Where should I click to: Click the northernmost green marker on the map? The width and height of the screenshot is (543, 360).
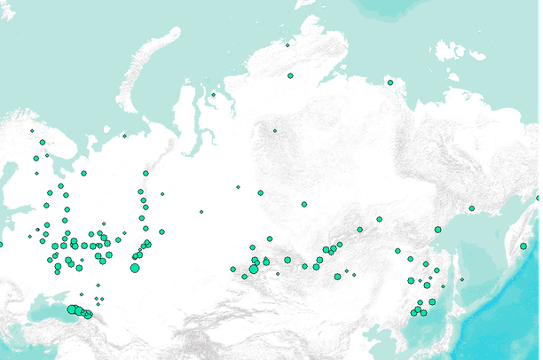pos(287,44)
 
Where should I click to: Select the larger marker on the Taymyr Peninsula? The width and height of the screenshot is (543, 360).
pos(290,75)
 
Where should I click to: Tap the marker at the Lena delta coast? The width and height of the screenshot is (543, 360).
pos(390,82)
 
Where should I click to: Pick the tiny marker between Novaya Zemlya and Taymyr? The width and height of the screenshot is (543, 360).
pos(213,94)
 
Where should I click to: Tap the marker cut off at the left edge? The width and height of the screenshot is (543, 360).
pos(1,244)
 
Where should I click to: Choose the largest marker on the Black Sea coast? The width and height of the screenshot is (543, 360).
pos(72,309)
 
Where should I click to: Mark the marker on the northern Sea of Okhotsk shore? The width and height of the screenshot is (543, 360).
pos(471,208)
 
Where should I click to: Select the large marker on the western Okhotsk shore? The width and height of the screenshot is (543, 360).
pos(437,229)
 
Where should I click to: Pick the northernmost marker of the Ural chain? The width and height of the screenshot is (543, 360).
pos(146,174)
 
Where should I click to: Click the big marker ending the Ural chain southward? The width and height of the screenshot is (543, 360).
pos(135,267)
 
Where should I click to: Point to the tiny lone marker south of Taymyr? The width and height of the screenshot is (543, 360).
pos(275,131)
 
